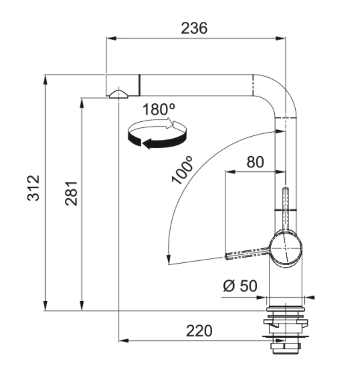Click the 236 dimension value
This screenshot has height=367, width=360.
[194, 28]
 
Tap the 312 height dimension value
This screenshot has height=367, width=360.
[33, 188]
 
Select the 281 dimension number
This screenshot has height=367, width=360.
[71, 193]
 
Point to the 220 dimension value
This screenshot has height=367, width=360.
[199, 331]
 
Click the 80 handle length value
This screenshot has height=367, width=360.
[255, 162]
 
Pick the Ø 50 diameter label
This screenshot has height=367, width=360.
[240, 285]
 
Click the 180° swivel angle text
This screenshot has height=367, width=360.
[159, 109]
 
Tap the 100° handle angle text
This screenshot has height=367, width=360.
[183, 170]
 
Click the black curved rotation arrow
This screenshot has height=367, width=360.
[157, 140]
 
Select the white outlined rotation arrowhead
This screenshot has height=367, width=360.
[172, 123]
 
